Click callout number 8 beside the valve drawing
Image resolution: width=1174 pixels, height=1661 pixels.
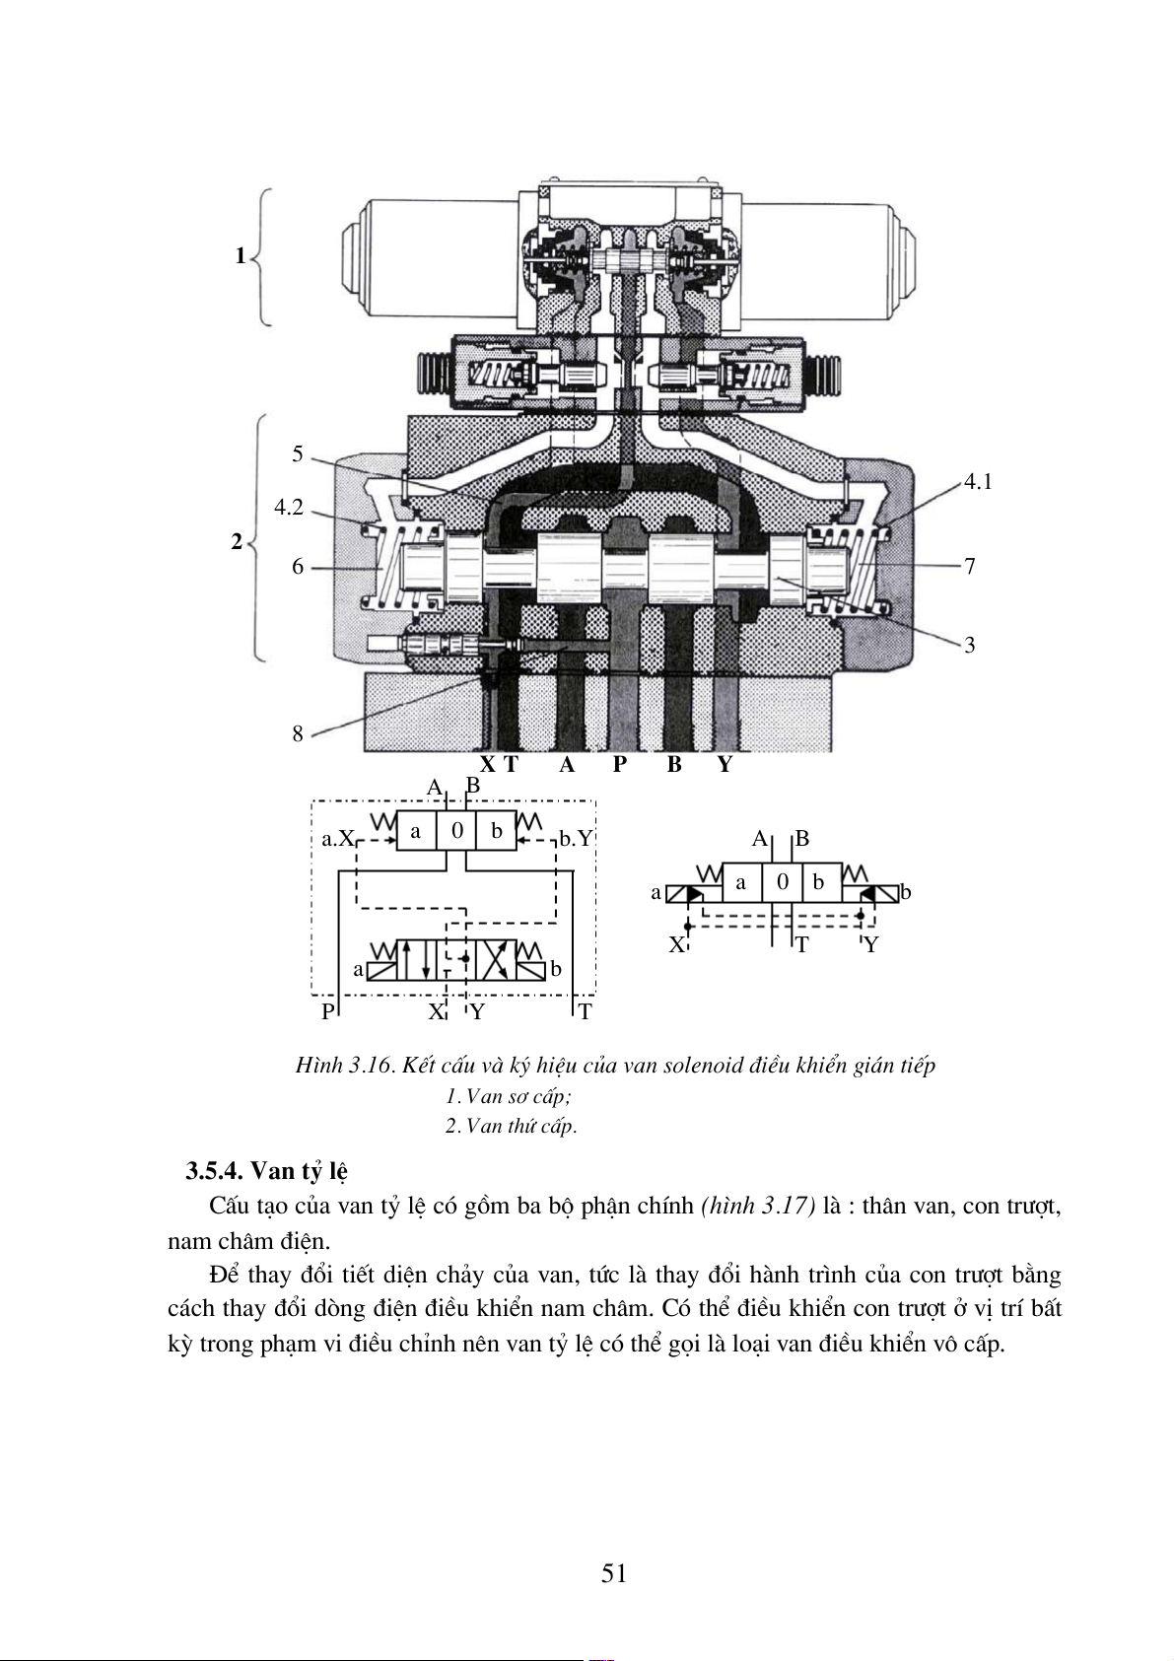point(298,734)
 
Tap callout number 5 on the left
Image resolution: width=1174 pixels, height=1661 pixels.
point(298,453)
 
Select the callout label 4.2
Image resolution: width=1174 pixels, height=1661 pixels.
point(289,508)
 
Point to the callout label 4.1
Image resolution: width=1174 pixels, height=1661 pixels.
point(978,482)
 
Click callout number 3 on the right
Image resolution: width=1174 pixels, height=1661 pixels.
point(969,645)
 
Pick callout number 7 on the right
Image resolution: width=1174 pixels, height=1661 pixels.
point(969,567)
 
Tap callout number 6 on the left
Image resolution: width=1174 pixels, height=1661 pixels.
point(298,567)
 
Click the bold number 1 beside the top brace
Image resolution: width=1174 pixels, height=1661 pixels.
point(240,256)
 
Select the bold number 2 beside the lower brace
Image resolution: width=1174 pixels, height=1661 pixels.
point(237,542)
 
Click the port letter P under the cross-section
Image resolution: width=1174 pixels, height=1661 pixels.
point(619,764)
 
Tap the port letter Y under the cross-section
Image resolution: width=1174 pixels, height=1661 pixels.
point(725,764)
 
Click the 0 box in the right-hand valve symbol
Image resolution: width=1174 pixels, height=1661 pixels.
point(783,882)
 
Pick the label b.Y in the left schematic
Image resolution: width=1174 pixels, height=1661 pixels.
point(577,839)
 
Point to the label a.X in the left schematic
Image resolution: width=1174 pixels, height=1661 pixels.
point(338,839)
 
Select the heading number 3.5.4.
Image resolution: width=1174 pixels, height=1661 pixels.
point(215,1171)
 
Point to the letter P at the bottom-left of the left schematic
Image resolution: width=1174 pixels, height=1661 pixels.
point(328,1011)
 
